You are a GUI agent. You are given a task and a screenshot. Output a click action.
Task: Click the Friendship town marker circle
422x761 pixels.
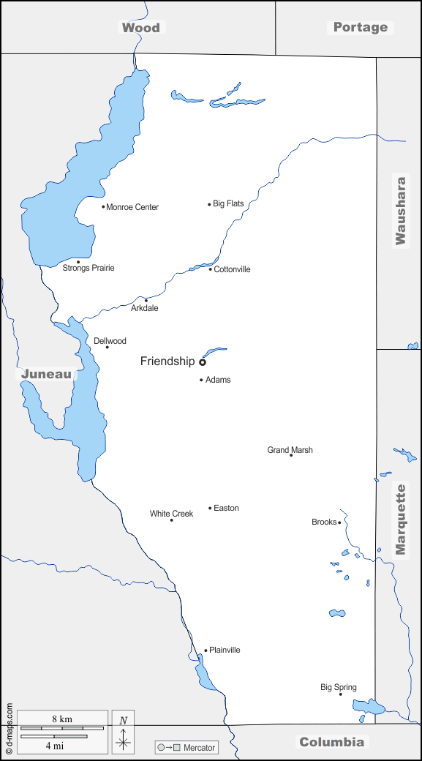coord(203,361)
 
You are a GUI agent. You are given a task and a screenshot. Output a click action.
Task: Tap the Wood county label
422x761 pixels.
coord(140,28)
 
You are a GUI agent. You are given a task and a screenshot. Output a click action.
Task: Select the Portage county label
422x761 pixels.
coord(361,27)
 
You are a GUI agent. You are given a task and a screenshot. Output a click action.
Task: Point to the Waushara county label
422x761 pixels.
coord(400,210)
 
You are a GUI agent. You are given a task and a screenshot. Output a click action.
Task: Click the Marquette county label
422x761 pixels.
coord(400,519)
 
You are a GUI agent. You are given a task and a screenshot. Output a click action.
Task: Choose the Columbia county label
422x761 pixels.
coord(331,742)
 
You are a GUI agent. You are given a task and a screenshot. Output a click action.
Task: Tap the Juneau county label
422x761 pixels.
coord(47,374)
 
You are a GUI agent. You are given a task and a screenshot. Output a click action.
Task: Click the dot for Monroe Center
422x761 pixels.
coord(103,206)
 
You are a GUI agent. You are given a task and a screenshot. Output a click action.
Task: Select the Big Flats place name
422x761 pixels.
coord(228,203)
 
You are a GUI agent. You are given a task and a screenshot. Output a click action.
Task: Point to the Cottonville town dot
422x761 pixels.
coord(211,269)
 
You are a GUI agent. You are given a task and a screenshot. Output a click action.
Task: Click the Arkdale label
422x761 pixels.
coord(144,308)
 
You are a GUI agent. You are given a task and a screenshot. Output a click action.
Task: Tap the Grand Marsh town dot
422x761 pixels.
coord(291,455)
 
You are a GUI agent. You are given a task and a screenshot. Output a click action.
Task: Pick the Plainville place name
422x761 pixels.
coord(225,650)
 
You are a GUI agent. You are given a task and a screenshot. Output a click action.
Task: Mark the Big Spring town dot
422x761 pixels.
coord(340,694)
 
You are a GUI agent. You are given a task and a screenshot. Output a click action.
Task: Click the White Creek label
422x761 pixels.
coord(171,514)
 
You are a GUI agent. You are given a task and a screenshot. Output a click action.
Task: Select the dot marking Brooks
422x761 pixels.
coord(339,522)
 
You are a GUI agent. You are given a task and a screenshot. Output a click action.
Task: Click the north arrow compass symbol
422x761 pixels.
coord(123,731)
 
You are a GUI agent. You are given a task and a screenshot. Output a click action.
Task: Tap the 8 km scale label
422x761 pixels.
coord(62,719)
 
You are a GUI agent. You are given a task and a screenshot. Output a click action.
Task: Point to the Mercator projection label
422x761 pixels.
coord(199,748)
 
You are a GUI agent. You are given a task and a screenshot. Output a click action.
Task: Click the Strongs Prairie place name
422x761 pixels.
coord(88,268)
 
